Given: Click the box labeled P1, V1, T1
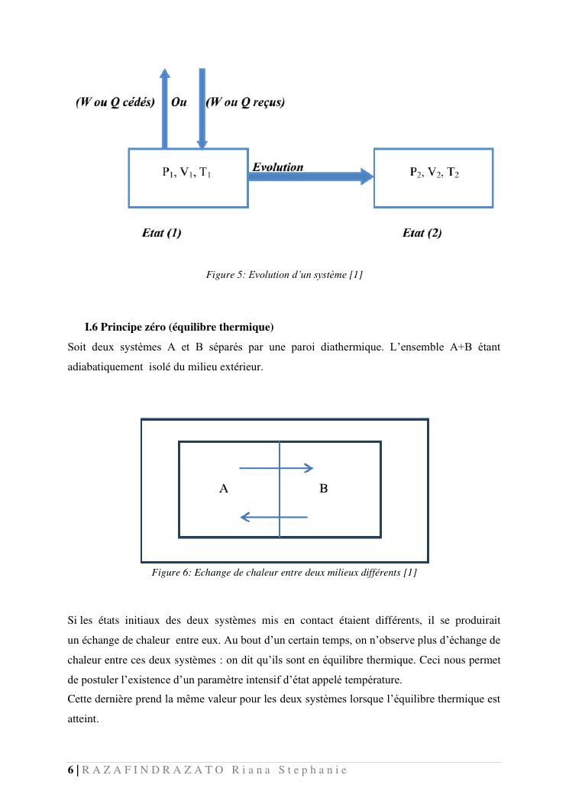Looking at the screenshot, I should [188, 178].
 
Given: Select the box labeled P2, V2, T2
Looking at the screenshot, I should [433, 178].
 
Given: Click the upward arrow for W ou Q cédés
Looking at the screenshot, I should [164, 111].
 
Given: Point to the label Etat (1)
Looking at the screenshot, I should [162, 233].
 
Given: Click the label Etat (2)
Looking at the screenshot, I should [422, 233].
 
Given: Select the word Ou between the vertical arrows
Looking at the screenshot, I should [179, 102].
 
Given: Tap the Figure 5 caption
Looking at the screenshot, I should [284, 274].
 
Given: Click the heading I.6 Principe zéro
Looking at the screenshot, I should [179, 328].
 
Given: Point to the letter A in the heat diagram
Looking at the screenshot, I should [224, 488].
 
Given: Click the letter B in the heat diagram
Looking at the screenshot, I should [324, 488].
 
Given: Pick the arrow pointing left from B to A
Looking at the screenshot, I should [273, 517].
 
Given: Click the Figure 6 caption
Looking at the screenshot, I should [284, 572].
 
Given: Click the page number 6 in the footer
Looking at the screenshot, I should [70, 770].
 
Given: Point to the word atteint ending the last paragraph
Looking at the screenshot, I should [83, 718].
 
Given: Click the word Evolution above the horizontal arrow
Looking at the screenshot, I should [278, 167].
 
